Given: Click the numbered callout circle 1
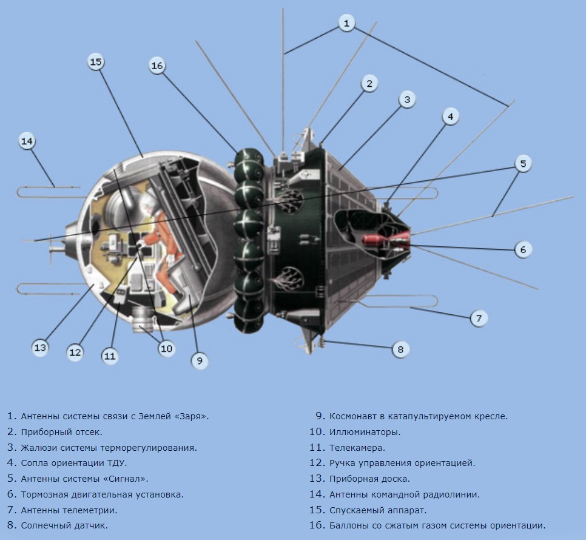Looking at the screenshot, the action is (x=346, y=23).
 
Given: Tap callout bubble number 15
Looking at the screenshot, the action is (x=96, y=62).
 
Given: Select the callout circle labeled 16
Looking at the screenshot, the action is (x=157, y=66).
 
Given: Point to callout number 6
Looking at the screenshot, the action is (x=523, y=249).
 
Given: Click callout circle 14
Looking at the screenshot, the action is (x=27, y=141).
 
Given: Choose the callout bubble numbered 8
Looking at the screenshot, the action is (x=400, y=349).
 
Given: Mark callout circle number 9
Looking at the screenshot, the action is (x=200, y=360).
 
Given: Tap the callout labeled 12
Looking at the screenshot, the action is (x=75, y=352).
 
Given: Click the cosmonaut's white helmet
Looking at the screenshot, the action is (x=149, y=202).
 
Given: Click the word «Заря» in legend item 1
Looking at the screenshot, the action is (x=191, y=416).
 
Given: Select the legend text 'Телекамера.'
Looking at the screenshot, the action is (x=357, y=448).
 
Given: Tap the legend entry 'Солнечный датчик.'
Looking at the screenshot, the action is (x=64, y=525).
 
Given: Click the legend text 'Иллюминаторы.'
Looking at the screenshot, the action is (x=365, y=432).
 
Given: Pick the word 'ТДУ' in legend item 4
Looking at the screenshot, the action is (x=117, y=464).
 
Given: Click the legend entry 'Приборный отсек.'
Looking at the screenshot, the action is (x=62, y=433).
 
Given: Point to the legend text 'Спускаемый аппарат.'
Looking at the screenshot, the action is (x=378, y=510).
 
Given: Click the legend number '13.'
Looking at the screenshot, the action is (x=317, y=479).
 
